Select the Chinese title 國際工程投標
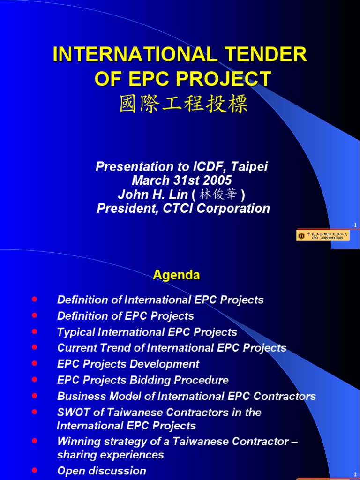(x=183, y=104)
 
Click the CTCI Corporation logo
(x=323, y=235)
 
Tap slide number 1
(x=355, y=225)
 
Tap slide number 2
(x=355, y=475)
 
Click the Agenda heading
(x=176, y=275)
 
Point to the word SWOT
(x=72, y=412)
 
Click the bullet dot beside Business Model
(x=34, y=395)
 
